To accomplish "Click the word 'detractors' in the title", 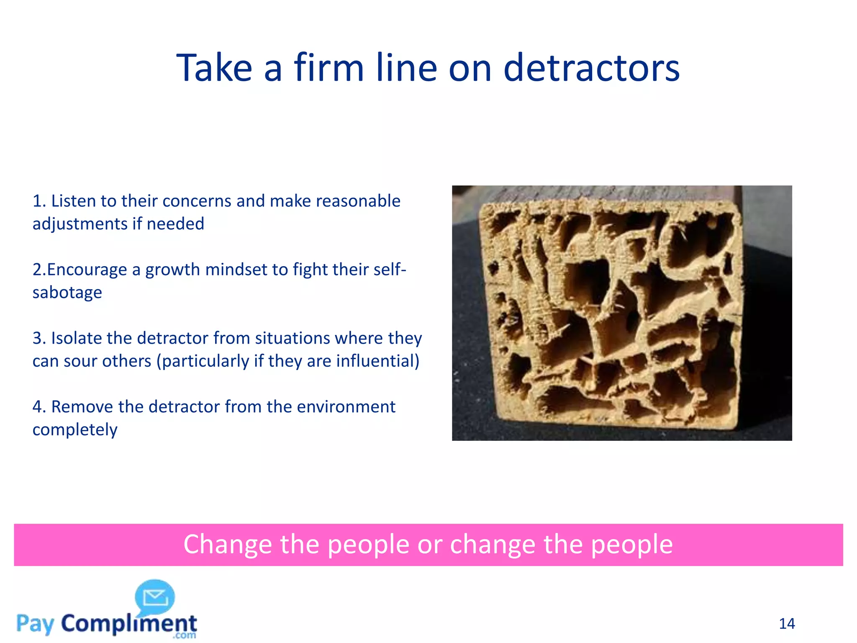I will (x=591, y=68).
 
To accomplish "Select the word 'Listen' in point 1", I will (x=74, y=201).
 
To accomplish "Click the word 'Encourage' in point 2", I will (x=87, y=270).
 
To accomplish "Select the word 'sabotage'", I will (x=67, y=292).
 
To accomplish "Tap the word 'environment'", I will (x=353, y=407).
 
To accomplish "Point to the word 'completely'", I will (x=75, y=430).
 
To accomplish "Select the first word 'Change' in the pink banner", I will (x=228, y=545).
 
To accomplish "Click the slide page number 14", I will (x=787, y=624).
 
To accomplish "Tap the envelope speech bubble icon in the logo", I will (x=155, y=597).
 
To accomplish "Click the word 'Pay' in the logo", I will (x=35, y=624).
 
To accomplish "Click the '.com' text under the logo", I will (x=184, y=635).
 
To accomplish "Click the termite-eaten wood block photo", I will (x=622, y=313).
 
